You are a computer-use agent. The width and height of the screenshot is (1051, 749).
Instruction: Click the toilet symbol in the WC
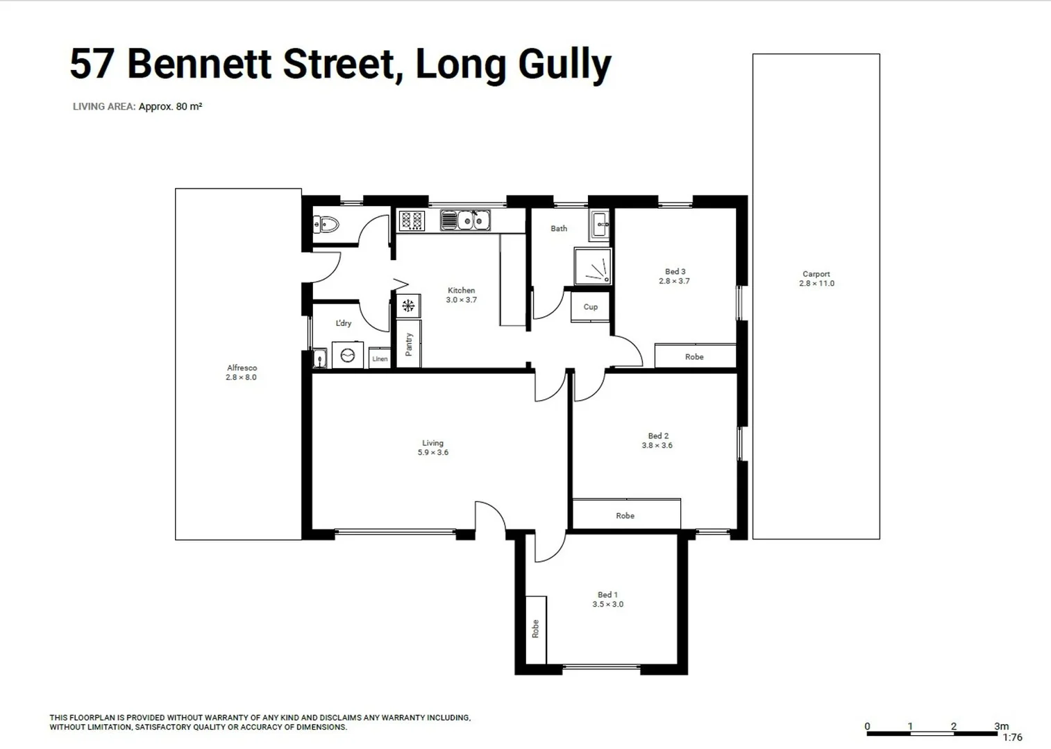[x=326, y=224]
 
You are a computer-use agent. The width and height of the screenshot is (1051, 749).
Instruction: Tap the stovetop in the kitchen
[x=412, y=221]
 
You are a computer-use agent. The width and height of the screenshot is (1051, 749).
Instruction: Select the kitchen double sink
[x=466, y=221]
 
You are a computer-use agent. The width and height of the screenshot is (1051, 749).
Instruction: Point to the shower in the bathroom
[x=593, y=267]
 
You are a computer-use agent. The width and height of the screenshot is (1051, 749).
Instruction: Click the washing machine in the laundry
[x=348, y=356]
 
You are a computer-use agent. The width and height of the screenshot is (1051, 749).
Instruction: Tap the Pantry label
[x=409, y=345]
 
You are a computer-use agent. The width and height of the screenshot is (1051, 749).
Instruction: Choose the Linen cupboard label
[x=380, y=359]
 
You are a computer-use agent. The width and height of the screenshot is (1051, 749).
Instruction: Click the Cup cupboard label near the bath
[x=591, y=307]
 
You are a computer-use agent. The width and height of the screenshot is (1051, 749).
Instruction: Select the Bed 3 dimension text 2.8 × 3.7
[x=674, y=282]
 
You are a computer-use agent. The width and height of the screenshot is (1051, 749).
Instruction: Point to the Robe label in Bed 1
[x=535, y=629]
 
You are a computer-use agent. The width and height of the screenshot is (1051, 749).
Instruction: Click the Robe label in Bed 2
[x=625, y=516]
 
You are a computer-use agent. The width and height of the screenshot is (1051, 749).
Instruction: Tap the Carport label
[x=816, y=274]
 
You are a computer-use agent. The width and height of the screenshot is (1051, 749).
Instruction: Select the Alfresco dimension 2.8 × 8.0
[x=241, y=377]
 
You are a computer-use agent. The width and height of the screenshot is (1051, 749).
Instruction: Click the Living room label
[x=432, y=443]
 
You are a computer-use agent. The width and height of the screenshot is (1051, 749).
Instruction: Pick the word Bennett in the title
[x=200, y=64]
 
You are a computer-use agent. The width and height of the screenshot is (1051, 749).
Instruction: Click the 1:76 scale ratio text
[x=1012, y=737]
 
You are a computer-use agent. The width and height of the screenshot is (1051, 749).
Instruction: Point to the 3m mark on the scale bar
[x=1001, y=726]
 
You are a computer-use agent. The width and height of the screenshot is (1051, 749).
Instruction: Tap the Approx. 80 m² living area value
[x=170, y=107]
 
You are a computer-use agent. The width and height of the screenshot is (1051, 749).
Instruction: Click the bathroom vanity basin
[x=600, y=223]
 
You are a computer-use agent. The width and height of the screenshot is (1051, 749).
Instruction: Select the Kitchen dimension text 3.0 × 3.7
[x=461, y=300]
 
